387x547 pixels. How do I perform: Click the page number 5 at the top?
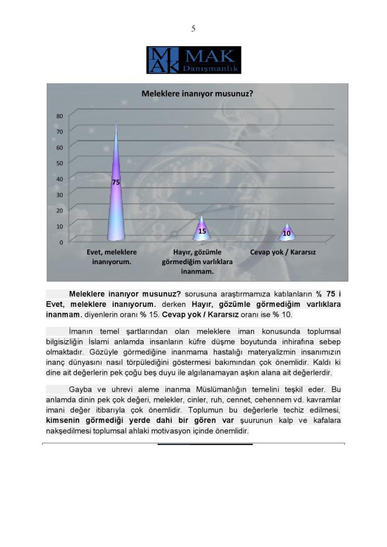point(193,29)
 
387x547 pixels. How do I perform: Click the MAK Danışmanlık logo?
point(193,60)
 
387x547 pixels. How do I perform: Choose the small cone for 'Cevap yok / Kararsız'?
point(287,233)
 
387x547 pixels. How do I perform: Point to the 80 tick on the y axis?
point(59,116)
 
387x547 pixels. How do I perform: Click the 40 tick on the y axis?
point(59,179)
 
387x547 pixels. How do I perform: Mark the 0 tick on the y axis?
point(61,241)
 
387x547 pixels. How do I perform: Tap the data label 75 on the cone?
point(116,183)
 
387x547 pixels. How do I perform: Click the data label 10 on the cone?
point(287,233)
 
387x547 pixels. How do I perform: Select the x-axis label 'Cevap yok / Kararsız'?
point(283,252)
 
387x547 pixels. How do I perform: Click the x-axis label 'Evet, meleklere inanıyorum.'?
point(112,257)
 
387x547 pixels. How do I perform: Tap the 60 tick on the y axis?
point(59,147)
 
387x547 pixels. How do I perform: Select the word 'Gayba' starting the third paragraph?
point(81,389)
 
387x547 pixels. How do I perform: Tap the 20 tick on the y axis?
point(59,210)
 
